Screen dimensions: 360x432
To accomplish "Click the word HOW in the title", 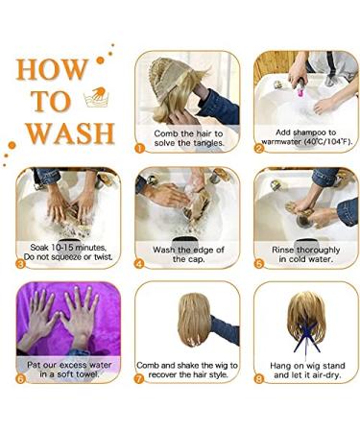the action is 52,69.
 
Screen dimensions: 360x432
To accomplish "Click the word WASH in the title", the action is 70,133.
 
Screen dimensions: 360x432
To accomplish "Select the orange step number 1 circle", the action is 140,149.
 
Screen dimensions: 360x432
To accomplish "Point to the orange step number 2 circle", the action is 259,149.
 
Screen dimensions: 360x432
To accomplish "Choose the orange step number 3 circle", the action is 20,264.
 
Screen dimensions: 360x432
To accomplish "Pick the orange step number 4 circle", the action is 140,264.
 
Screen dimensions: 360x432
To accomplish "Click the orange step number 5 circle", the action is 259,264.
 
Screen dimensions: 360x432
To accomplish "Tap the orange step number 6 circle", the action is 20,379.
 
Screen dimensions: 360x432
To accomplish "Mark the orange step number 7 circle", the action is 140,379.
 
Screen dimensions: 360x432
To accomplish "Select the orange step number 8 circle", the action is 259,379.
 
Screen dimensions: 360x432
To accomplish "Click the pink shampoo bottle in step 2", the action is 301,87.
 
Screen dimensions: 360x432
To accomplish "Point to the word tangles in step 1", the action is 208,143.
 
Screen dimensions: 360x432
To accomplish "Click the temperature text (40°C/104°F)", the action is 327,142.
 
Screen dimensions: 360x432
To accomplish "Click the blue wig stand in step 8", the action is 306,338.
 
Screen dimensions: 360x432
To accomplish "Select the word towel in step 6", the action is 87,374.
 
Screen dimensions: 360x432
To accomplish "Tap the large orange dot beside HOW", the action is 101,60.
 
